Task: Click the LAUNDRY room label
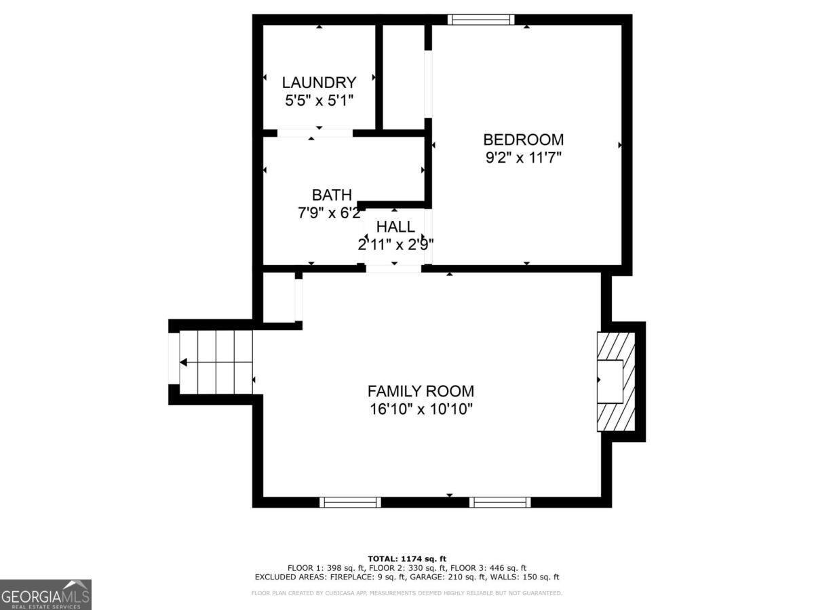point(319,83)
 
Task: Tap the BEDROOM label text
point(523,140)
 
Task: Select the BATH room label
point(332,195)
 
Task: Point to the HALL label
point(395,226)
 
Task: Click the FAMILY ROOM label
point(421,391)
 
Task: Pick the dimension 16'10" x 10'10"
point(421,409)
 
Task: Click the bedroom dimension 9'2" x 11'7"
point(523,158)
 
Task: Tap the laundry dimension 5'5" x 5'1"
point(319,100)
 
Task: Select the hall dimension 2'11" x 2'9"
point(396,244)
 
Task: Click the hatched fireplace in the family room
point(616,382)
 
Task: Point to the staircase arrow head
point(183,363)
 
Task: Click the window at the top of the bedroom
point(480,20)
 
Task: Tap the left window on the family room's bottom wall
point(350,502)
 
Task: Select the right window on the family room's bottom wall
point(500,502)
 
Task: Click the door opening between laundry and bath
point(315,133)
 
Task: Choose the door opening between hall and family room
point(393,269)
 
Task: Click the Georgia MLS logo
point(45,594)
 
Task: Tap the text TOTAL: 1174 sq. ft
point(407,558)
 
